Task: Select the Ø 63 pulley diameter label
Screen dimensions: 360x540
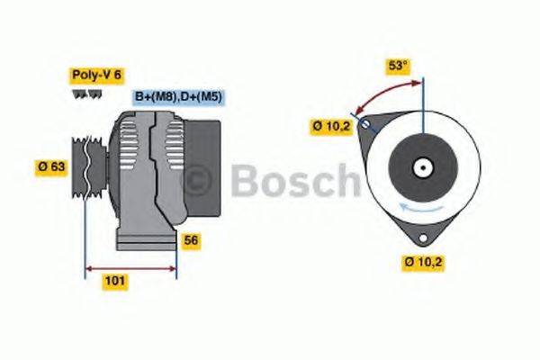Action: click(x=52, y=166)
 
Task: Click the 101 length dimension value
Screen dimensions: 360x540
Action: click(x=115, y=282)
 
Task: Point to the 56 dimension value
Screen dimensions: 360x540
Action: click(x=191, y=240)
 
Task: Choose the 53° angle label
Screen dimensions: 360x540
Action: click(x=397, y=65)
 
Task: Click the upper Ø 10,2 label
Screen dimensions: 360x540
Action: click(x=330, y=127)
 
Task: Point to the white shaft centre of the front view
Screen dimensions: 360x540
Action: click(x=420, y=167)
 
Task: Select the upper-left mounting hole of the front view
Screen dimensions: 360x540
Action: click(x=365, y=123)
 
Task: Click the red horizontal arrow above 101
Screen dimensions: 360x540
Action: click(x=130, y=267)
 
